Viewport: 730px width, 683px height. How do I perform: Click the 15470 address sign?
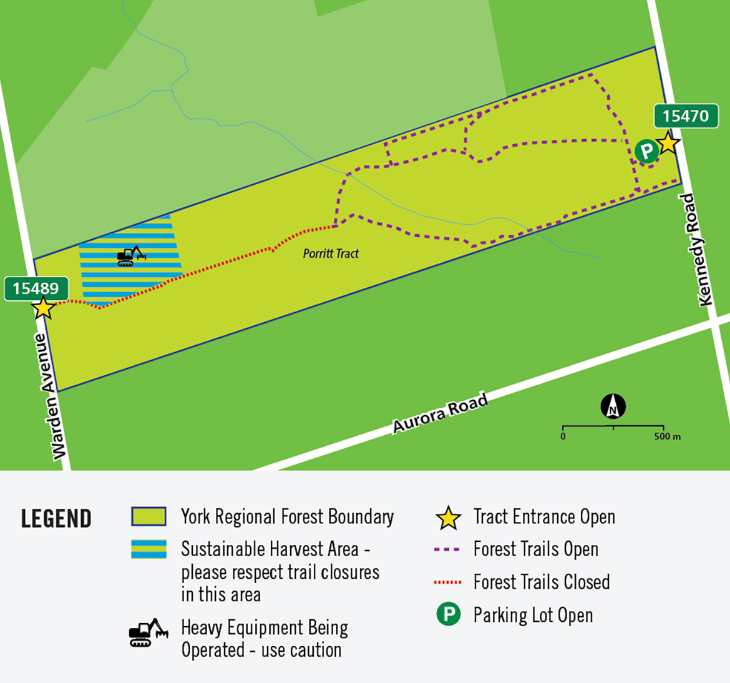tap(686, 116)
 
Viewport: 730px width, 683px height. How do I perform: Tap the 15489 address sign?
tap(36, 288)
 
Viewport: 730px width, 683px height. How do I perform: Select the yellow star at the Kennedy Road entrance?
tap(668, 143)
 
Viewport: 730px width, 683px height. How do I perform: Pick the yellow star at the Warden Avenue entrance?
tap(43, 308)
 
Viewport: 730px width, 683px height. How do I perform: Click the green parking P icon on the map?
tap(646, 150)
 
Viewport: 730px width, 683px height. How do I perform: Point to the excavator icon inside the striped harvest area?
tap(131, 256)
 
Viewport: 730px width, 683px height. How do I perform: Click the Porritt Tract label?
tap(331, 253)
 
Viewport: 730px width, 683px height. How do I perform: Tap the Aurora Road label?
tap(440, 413)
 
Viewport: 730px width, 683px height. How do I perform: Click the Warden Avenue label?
tap(50, 397)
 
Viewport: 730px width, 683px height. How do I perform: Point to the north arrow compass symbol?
tap(613, 406)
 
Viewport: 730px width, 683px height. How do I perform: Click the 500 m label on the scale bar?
tap(667, 436)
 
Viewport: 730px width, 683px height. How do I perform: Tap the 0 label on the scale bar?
tap(563, 436)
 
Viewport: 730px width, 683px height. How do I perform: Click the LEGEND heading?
tap(56, 519)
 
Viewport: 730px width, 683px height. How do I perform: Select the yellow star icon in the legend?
tap(448, 518)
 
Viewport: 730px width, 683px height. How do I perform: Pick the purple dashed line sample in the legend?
tap(447, 550)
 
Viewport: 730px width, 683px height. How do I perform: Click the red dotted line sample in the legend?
tap(447, 582)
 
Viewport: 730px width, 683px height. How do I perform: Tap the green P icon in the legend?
tap(448, 614)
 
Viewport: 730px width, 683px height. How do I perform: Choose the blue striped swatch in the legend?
tap(148, 549)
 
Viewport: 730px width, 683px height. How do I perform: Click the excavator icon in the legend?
tap(148, 633)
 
